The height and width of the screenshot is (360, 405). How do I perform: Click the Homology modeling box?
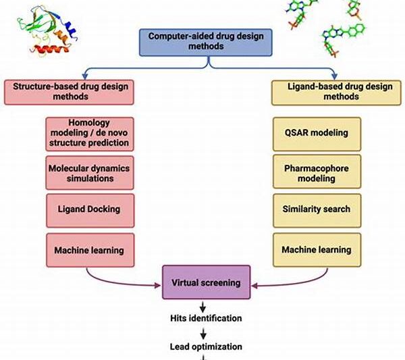coord(89,133)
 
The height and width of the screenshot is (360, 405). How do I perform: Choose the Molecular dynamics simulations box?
coord(89,172)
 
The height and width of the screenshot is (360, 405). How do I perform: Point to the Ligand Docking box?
coord(89,209)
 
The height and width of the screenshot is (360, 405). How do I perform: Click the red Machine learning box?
coord(89,250)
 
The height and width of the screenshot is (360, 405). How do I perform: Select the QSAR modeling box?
coord(317,132)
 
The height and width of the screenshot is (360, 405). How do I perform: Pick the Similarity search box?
coord(317,209)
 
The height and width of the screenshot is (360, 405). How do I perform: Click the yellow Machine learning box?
coord(317,249)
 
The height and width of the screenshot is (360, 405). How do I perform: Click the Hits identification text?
coord(205,317)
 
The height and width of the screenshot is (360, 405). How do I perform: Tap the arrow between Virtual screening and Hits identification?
coord(204,304)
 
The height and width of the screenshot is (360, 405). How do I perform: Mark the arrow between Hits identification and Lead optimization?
coord(204,332)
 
